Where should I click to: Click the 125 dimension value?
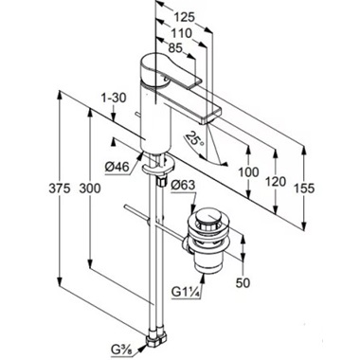click(x=185, y=17)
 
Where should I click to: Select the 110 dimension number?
click(x=182, y=33)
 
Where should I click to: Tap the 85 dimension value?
click(x=175, y=48)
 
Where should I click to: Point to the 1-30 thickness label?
click(x=114, y=98)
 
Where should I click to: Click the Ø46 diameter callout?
click(x=117, y=168)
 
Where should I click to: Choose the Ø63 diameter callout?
click(x=183, y=186)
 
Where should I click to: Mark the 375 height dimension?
click(x=60, y=189)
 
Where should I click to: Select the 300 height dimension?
click(x=90, y=189)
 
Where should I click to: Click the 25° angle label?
click(x=195, y=139)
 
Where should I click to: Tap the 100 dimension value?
click(x=248, y=172)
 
